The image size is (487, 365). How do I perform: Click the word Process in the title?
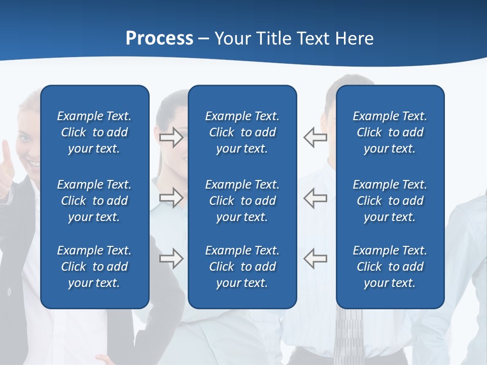[159, 38]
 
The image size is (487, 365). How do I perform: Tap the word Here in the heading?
[355, 38]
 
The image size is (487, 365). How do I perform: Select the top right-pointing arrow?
[171, 137]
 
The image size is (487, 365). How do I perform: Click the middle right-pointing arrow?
[171, 198]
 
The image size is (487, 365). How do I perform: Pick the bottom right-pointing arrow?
[171, 259]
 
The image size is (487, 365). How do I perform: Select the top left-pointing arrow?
[316, 137]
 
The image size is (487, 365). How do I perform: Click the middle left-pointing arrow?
[316, 198]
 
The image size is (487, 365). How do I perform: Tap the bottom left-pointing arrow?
[316, 259]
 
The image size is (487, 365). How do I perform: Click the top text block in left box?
[94, 132]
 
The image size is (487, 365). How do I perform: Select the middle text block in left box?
[94, 201]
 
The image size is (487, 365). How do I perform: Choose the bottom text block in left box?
[94, 267]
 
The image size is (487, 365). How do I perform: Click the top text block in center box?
[242, 132]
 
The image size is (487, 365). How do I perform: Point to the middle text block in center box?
[242, 201]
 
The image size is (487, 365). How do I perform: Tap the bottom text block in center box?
[242, 267]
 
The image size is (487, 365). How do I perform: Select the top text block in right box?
[390, 132]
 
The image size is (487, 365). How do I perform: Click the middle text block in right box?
[390, 201]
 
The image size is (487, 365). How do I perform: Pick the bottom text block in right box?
[390, 267]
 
